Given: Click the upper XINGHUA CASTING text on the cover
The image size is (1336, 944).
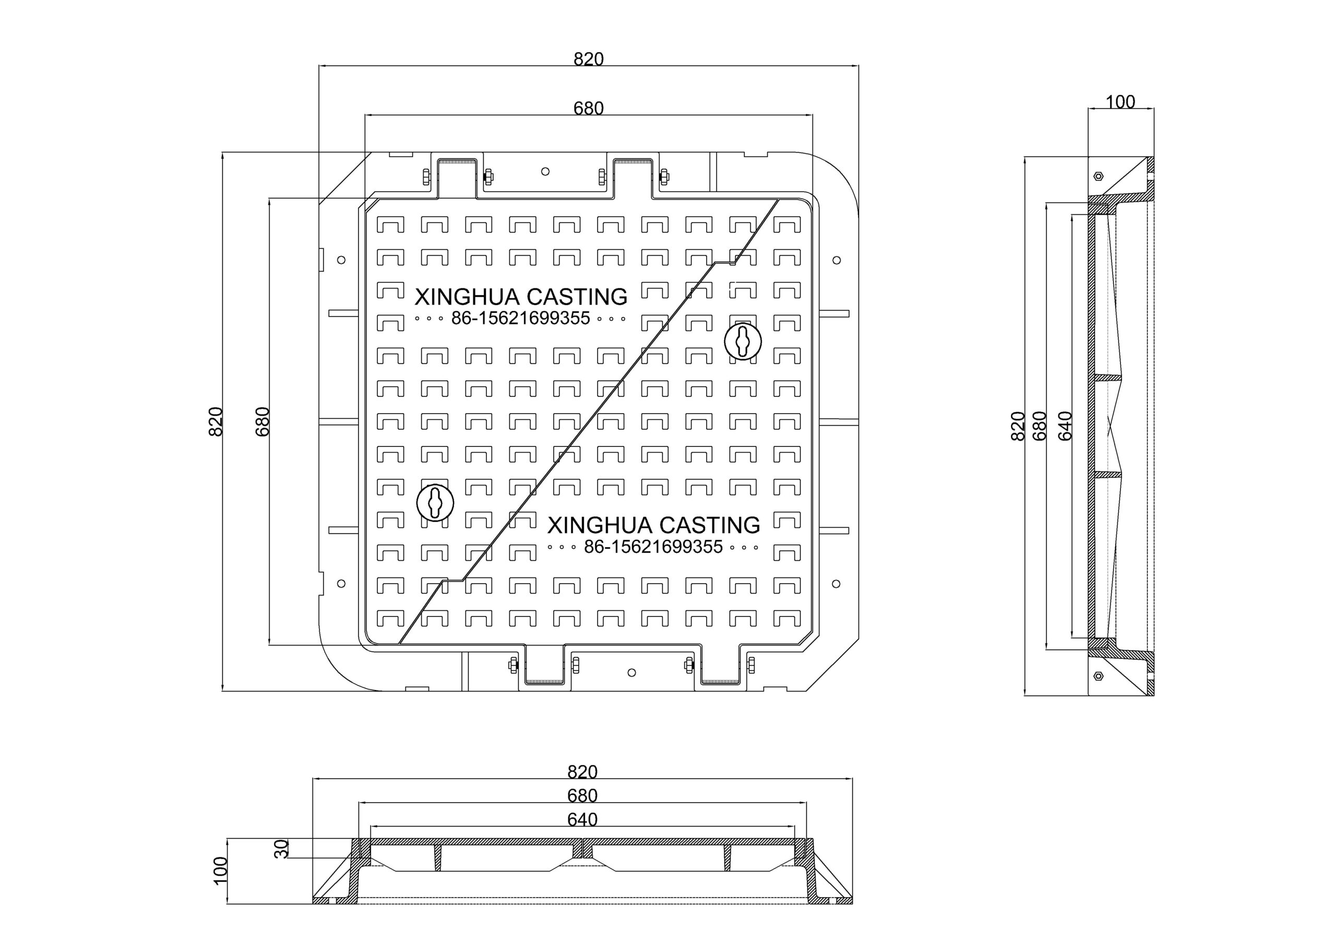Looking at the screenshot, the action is pyautogui.click(x=521, y=297).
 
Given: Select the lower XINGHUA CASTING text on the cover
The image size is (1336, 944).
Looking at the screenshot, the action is pyautogui.click(x=653, y=525).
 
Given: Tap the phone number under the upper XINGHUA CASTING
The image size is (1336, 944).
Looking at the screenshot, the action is pyautogui.click(x=521, y=318).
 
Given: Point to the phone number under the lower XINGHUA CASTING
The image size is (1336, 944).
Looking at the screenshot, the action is pyautogui.click(x=653, y=547).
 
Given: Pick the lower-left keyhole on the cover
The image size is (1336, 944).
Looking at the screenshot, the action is pyautogui.click(x=435, y=503).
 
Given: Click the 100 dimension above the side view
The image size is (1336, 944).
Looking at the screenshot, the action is pyautogui.click(x=1120, y=102).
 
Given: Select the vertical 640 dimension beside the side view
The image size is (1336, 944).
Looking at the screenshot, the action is pyautogui.click(x=1064, y=426).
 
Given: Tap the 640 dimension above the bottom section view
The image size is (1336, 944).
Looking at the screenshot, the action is pyautogui.click(x=582, y=819).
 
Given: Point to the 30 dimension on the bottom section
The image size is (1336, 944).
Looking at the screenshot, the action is pyautogui.click(x=282, y=849).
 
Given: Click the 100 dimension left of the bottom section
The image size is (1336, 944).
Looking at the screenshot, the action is pyautogui.click(x=221, y=870).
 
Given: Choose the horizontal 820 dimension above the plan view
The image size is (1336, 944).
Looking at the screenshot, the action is pyautogui.click(x=589, y=59).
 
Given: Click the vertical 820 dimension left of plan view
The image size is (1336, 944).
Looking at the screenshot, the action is pyautogui.click(x=216, y=422).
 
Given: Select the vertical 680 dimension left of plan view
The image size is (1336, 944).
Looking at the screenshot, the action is pyautogui.click(x=263, y=422).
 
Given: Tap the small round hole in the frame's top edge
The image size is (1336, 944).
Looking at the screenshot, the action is pyautogui.click(x=545, y=172).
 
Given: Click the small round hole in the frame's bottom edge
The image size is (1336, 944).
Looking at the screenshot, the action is pyautogui.click(x=632, y=672).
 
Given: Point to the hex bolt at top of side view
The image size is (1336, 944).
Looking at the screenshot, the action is pyautogui.click(x=1098, y=176).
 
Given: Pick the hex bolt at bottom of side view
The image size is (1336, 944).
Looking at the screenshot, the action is pyautogui.click(x=1098, y=675).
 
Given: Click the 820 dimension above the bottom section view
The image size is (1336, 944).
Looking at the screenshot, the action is pyautogui.click(x=582, y=772).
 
